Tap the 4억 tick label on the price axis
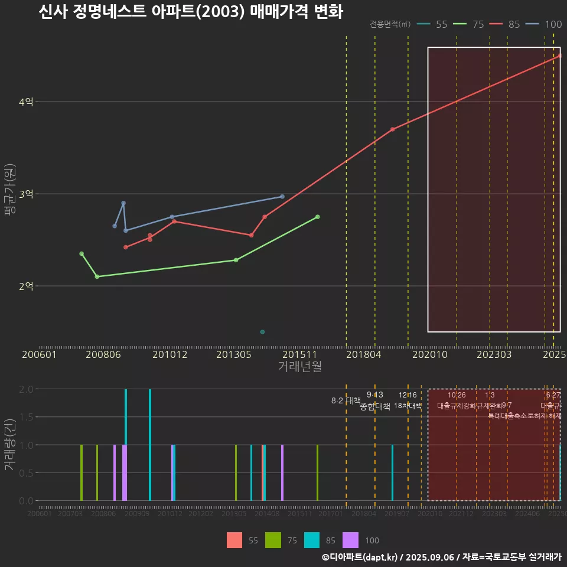click(x=26, y=102)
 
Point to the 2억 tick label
click(x=26, y=286)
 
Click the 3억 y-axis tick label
click(x=26, y=194)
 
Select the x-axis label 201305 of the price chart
click(x=234, y=354)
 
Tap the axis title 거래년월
click(x=299, y=366)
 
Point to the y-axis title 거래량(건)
click(x=9, y=445)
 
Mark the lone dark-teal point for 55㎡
click(x=262, y=332)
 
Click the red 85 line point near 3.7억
click(x=392, y=129)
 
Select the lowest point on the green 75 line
click(x=97, y=276)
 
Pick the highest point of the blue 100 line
click(x=123, y=203)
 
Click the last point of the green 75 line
click(x=317, y=217)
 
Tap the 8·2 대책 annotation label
click(x=346, y=400)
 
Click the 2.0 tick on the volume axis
click(x=26, y=389)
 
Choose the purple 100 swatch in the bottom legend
click(x=350, y=540)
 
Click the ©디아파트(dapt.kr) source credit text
click(x=360, y=557)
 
